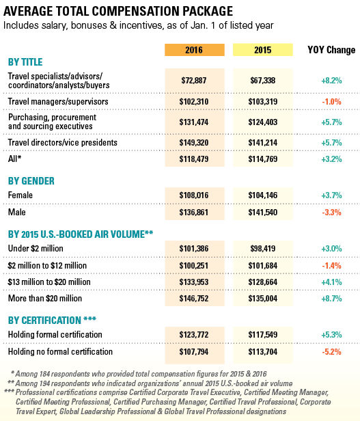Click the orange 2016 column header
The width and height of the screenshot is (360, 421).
click(x=195, y=50)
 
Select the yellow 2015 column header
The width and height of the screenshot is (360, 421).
click(x=262, y=50)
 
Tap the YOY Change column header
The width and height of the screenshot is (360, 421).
click(x=331, y=50)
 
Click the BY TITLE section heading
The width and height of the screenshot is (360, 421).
click(x=25, y=62)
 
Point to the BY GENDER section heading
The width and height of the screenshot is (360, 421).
click(x=31, y=181)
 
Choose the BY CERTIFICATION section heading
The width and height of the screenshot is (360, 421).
click(x=52, y=320)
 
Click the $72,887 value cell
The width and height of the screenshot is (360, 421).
click(x=194, y=80)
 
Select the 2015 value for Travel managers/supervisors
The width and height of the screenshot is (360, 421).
click(x=262, y=101)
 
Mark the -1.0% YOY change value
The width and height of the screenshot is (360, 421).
click(x=331, y=101)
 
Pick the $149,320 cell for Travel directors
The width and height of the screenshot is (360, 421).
click(x=194, y=143)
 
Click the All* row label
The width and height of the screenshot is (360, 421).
click(x=14, y=159)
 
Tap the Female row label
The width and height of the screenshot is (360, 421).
click(x=20, y=195)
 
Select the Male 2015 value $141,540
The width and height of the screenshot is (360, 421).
click(x=262, y=213)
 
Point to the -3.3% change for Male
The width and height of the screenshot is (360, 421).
click(x=331, y=213)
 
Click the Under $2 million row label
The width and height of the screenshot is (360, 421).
click(x=36, y=248)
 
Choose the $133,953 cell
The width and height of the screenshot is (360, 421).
click(x=194, y=282)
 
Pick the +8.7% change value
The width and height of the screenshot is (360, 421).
click(x=331, y=298)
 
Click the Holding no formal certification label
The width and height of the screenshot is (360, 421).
click(x=60, y=351)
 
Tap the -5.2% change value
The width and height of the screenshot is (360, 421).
click(x=331, y=352)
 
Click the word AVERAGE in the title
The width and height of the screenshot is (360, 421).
click(x=28, y=11)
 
